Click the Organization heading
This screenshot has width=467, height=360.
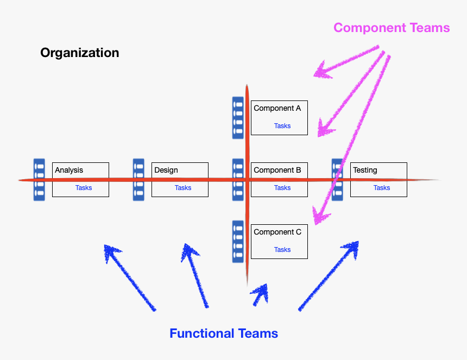(79, 53)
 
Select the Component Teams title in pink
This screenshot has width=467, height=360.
(392, 28)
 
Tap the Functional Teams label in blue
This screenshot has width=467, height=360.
(224, 333)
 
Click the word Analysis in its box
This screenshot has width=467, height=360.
(69, 170)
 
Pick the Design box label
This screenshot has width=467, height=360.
(166, 170)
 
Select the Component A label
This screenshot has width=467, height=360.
(277, 108)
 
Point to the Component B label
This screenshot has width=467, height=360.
(277, 170)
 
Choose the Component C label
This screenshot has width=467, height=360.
(277, 232)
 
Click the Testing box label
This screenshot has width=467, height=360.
(365, 170)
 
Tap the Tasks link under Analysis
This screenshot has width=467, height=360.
(84, 188)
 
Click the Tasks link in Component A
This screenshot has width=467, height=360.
(282, 126)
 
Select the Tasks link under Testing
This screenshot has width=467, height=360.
(382, 188)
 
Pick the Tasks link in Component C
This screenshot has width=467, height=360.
(282, 250)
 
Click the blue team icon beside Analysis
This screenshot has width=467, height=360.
(39, 180)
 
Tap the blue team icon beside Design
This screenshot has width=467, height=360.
(138, 180)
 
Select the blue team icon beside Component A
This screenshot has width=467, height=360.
(238, 118)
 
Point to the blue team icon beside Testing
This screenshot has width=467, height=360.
(337, 180)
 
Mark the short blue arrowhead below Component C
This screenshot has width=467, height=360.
(261, 293)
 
